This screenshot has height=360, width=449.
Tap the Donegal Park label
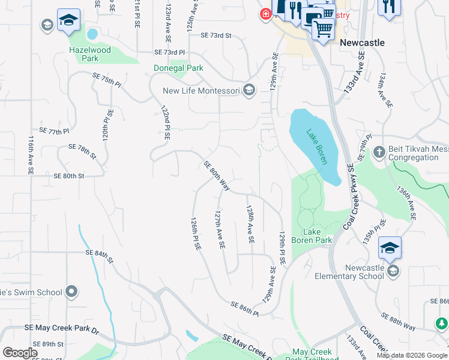click(x=178, y=68)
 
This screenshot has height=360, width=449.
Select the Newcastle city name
click(x=361, y=43)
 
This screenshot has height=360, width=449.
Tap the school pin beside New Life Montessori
click(x=249, y=91)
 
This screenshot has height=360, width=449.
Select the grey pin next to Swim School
click(x=71, y=292)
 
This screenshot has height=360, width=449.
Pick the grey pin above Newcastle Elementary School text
click(x=393, y=272)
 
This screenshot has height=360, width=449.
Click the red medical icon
click(x=265, y=13)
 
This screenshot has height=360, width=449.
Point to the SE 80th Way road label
click(x=217, y=176)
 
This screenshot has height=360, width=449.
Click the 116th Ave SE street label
click(x=30, y=155)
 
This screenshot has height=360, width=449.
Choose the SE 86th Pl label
click(x=244, y=309)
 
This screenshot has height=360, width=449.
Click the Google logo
click(x=20, y=353)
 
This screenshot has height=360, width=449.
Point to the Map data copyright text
click(x=411, y=355)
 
